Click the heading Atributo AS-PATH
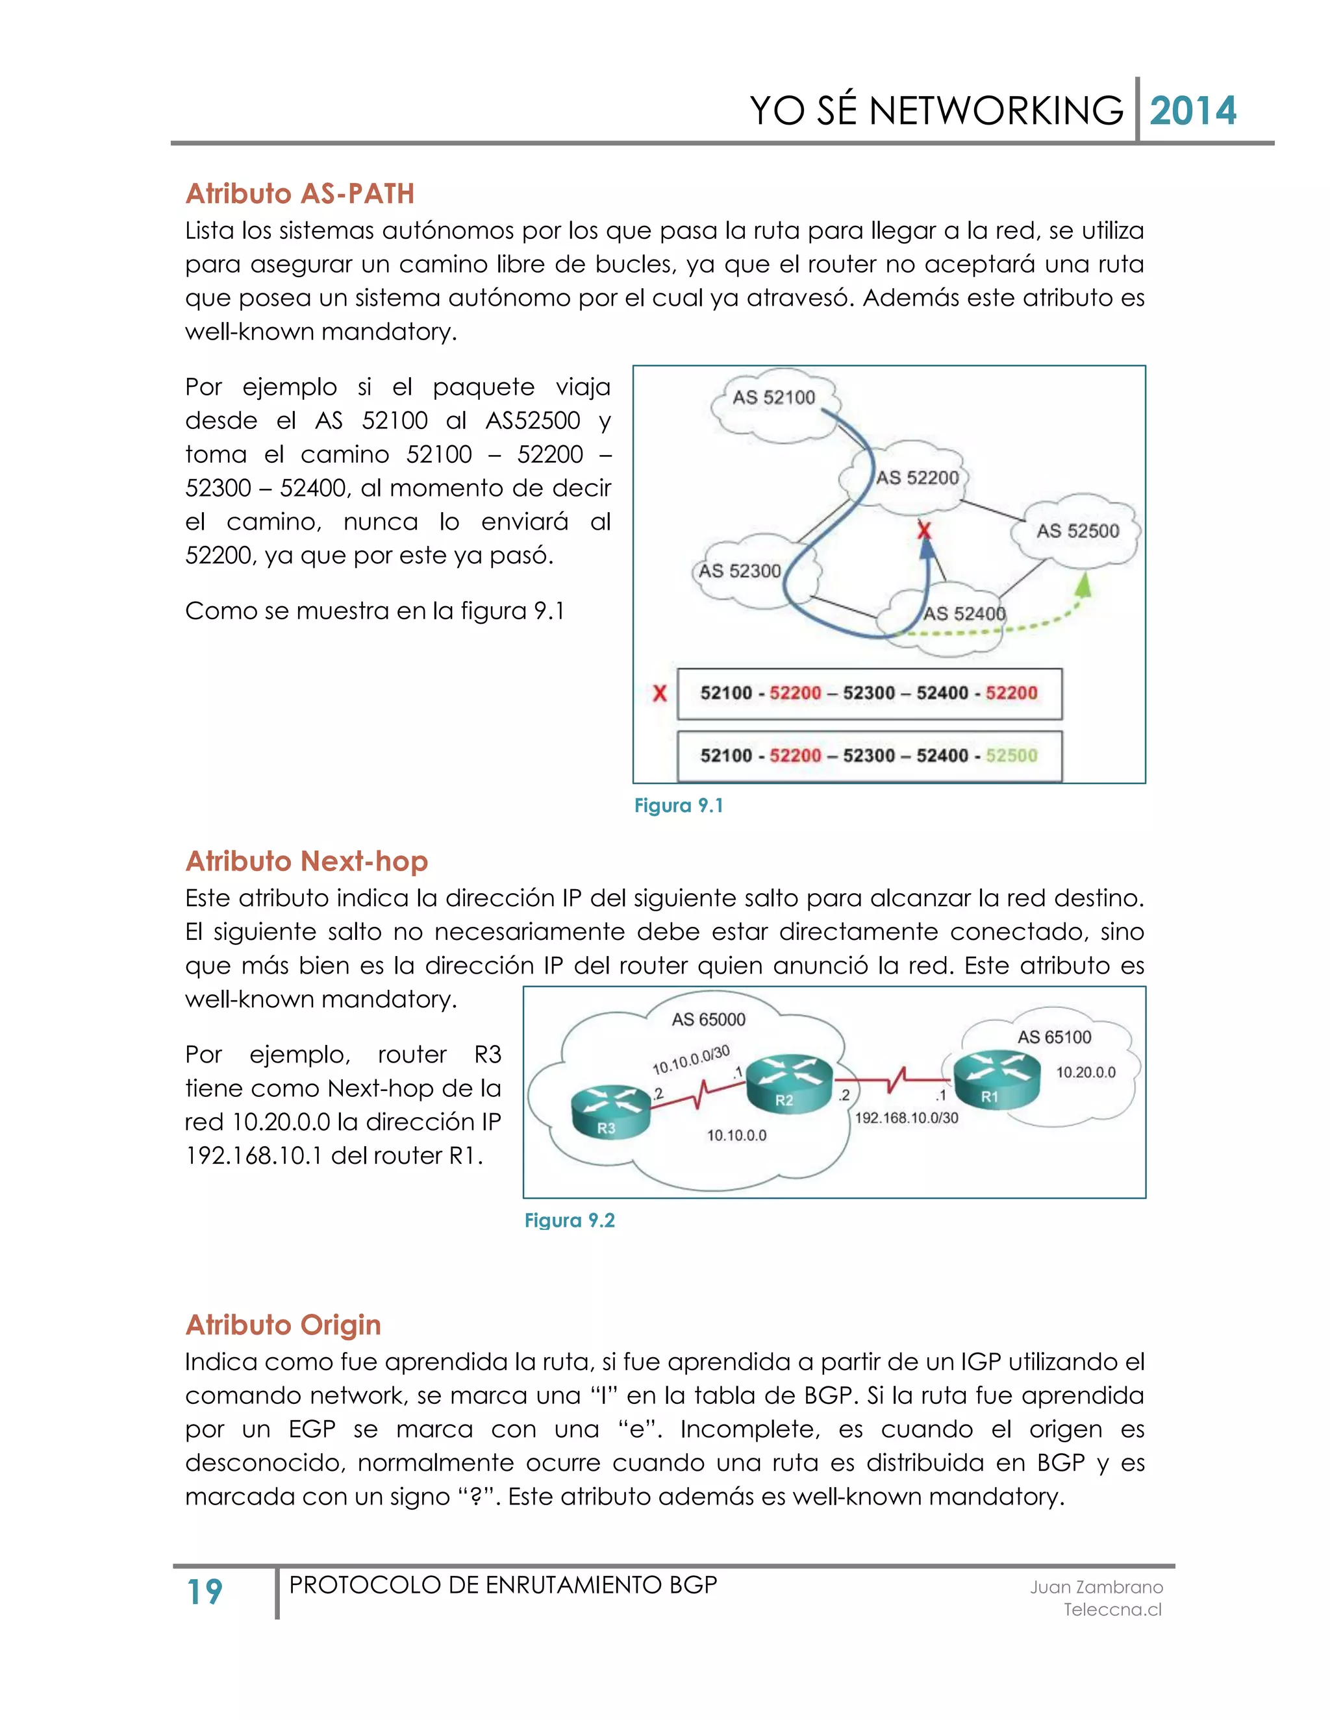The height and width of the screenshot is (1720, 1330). (x=299, y=193)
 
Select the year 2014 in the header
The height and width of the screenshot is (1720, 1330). (x=1192, y=110)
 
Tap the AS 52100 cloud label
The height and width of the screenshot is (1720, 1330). (x=773, y=398)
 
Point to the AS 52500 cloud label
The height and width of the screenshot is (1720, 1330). (x=1077, y=531)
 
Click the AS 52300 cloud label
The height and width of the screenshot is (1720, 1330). (x=739, y=571)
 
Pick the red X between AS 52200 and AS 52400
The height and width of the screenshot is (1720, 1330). (x=924, y=530)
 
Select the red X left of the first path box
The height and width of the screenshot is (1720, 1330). (x=660, y=693)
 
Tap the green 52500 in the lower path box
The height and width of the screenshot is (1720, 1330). (x=1011, y=756)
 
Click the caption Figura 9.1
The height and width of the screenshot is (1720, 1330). (x=679, y=805)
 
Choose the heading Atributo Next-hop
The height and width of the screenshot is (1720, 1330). (x=307, y=861)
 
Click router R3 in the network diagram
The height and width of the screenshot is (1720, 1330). (x=610, y=1111)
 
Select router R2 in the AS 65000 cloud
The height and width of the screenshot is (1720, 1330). (x=788, y=1085)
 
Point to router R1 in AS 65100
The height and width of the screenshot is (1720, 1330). (x=993, y=1079)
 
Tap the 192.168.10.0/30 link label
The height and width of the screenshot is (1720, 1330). (x=906, y=1118)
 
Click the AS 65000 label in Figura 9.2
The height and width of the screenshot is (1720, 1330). (x=708, y=1020)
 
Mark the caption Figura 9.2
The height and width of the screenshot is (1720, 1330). (x=569, y=1221)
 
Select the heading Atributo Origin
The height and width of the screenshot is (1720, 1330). (x=283, y=1325)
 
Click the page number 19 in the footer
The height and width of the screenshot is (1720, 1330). (x=205, y=1591)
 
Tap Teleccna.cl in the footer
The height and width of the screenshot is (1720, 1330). (x=1112, y=1610)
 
